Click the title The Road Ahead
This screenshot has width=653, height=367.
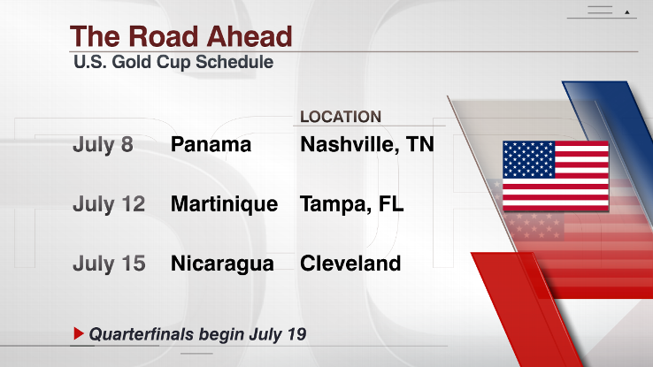[x=181, y=36]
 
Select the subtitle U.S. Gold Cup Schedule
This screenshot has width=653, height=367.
[x=173, y=62]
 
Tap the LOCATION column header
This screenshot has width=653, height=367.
[x=341, y=117]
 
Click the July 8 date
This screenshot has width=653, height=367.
[x=103, y=145]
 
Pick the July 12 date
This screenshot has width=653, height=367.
[x=109, y=204]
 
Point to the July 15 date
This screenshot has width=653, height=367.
[x=109, y=264]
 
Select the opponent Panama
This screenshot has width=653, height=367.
[x=211, y=145]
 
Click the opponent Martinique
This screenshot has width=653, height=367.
[x=224, y=204]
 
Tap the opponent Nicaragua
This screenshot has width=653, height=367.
[x=222, y=264]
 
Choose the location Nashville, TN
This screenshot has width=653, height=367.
[x=367, y=145]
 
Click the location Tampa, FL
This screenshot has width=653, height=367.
[x=352, y=204]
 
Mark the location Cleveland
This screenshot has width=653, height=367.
[x=350, y=264]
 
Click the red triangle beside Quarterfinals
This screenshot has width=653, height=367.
[x=79, y=333]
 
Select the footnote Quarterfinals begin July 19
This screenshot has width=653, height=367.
[x=198, y=334]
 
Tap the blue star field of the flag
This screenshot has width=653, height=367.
[x=529, y=159]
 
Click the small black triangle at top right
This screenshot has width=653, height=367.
[x=626, y=12]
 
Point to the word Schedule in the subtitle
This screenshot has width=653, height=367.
[x=234, y=62]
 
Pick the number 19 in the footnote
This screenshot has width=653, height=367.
[x=297, y=333]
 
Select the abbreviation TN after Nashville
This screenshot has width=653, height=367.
[x=419, y=144]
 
